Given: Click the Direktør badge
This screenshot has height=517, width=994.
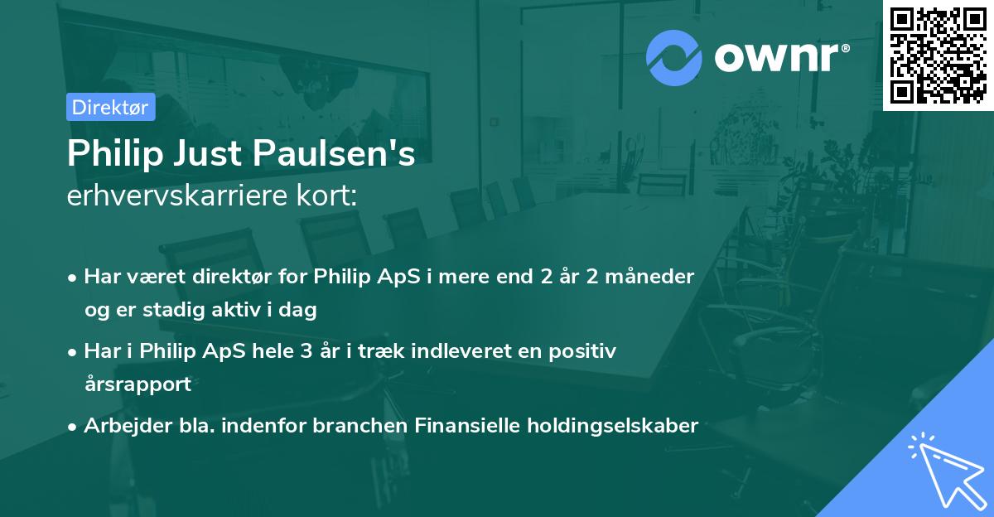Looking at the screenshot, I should pyautogui.click(x=110, y=107).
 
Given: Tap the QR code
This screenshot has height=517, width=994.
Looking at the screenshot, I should pyautogui.click(x=939, y=56).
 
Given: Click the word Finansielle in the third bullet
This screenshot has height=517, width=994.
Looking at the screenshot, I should pyautogui.click(x=454, y=426).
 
